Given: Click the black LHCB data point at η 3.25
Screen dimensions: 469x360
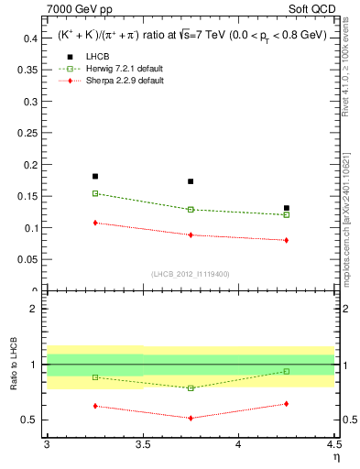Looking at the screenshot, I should [x=95, y=176].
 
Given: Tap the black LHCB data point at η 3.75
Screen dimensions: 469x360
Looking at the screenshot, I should [x=191, y=181].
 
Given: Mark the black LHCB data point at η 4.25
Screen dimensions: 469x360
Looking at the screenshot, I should [x=287, y=208].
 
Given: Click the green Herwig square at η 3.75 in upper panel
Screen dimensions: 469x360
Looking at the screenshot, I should [x=191, y=210].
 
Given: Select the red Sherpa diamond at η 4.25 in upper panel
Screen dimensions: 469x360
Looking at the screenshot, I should [x=287, y=240].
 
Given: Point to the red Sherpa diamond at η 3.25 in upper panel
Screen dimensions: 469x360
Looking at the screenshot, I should [x=95, y=223].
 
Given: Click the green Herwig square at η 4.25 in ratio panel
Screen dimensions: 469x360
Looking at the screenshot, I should [x=287, y=371].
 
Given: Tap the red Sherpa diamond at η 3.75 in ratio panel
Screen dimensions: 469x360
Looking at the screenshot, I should [x=191, y=418].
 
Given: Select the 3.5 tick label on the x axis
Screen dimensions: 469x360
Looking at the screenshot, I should [x=142, y=444].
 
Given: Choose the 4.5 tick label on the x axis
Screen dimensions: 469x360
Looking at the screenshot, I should [x=333, y=444].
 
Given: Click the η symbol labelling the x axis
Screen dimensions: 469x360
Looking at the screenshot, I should [x=336, y=457].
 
